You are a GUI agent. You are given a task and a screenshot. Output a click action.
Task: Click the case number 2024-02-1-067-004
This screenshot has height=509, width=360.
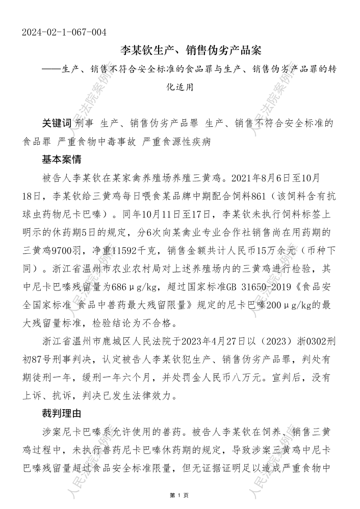coord(64,33)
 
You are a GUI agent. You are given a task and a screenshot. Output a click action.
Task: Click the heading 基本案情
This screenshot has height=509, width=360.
coord(61,159)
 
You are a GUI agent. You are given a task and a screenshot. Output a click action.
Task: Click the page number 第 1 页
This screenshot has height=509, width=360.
coord(179,495)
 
